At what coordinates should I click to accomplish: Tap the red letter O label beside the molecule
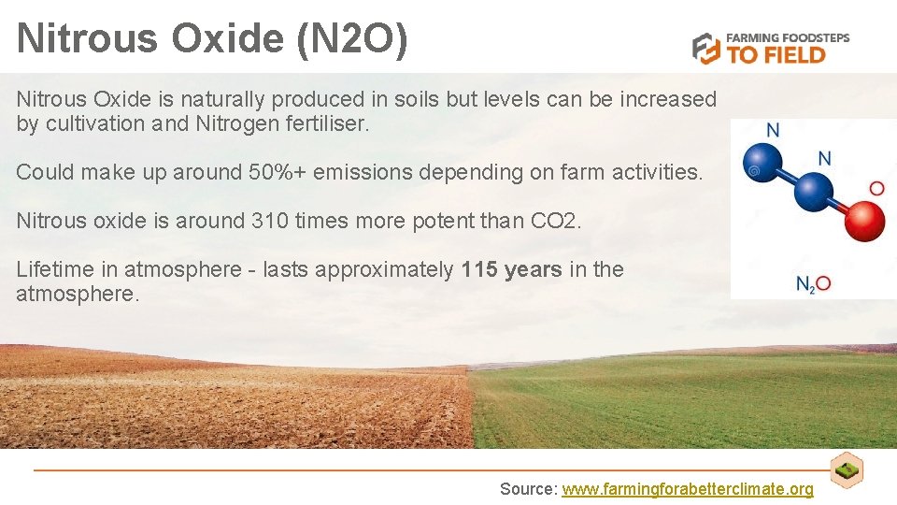876,189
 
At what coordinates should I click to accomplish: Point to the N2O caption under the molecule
813,283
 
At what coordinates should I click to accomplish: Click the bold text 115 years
512,270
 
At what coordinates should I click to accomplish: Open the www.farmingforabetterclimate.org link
688,489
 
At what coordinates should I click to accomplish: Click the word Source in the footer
527,489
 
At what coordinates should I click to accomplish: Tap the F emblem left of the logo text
706,48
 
